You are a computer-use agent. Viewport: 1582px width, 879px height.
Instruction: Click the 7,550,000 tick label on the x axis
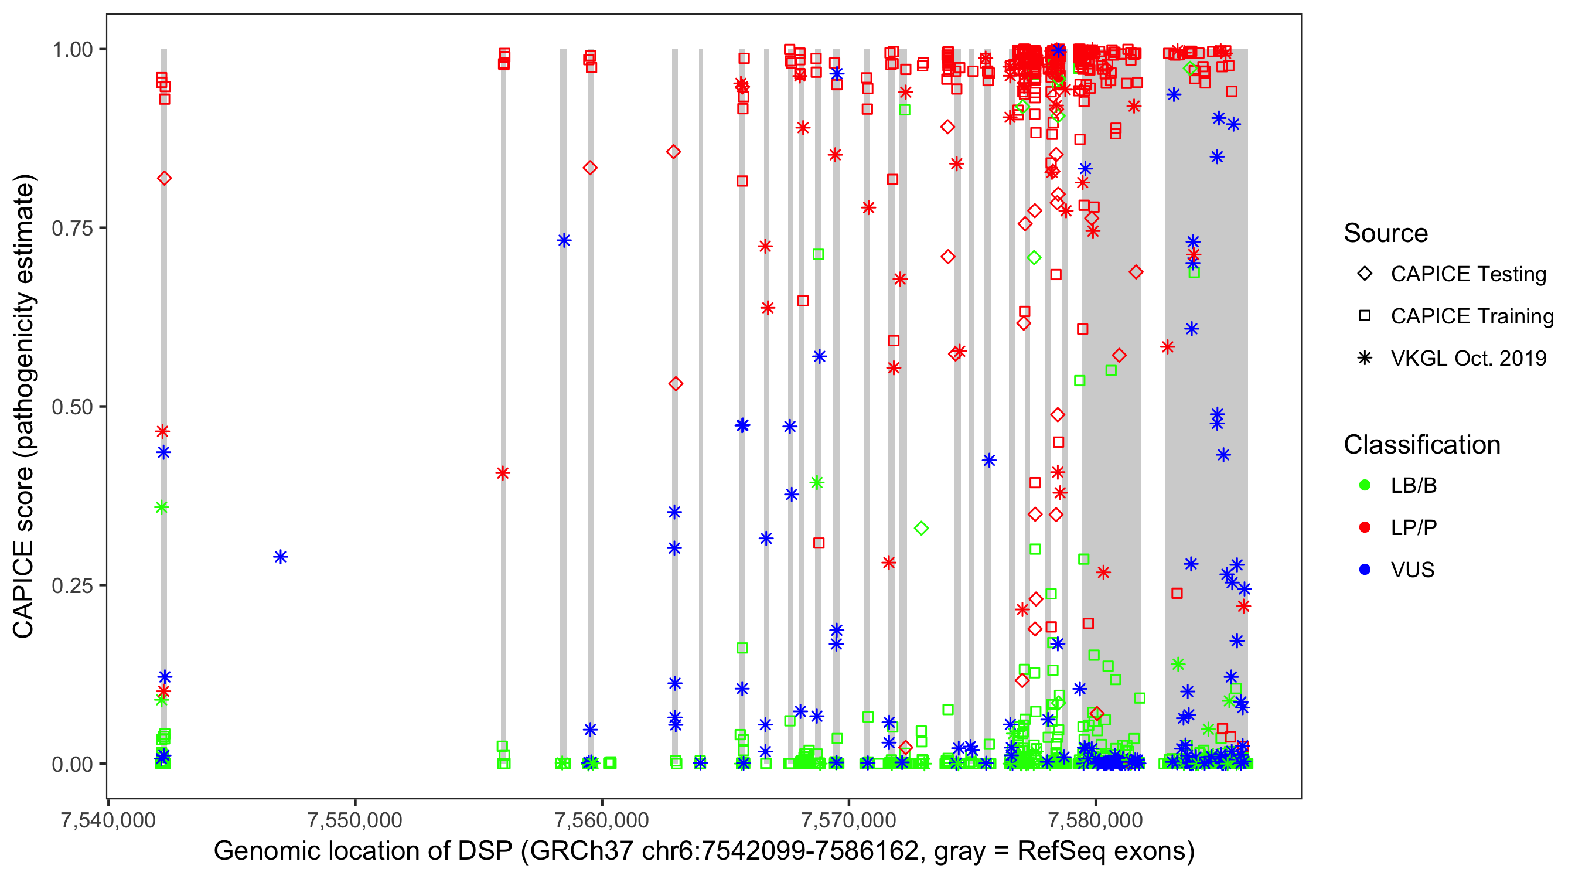pos(355,820)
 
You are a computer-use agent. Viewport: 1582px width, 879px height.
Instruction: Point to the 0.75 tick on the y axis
pos(72,229)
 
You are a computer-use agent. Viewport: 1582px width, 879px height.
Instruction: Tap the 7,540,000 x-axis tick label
pos(109,820)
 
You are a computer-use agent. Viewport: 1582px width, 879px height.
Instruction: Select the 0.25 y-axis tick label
pos(72,585)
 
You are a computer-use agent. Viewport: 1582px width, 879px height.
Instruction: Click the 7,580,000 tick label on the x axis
pos(1096,820)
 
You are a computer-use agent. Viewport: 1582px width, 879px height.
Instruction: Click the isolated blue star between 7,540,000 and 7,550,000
pos(281,557)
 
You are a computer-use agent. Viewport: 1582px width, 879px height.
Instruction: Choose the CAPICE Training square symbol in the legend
pos(1365,316)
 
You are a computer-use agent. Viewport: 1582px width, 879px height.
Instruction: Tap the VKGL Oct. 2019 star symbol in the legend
pos(1365,358)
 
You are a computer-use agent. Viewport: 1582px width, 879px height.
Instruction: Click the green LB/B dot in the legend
pos(1365,485)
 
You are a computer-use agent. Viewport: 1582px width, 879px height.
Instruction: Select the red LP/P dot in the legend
pos(1365,527)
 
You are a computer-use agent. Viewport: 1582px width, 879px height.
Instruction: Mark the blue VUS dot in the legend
pos(1365,570)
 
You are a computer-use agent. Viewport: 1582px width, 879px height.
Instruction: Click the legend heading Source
pos(1386,233)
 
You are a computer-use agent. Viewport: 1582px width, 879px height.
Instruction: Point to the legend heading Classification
pos(1421,445)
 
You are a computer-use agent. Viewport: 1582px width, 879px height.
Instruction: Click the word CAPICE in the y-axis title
pos(23,588)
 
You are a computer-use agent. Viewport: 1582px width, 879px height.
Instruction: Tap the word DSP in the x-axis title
pos(488,851)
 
